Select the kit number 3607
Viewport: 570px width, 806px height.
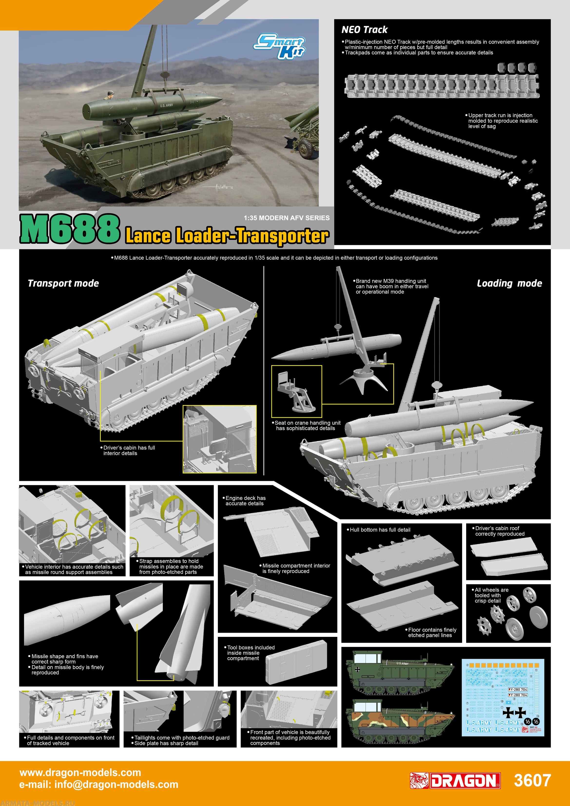(532, 780)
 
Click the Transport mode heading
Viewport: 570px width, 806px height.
(63, 283)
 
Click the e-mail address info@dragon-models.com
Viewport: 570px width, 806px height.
(99, 784)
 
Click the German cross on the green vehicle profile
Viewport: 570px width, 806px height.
(357, 670)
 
